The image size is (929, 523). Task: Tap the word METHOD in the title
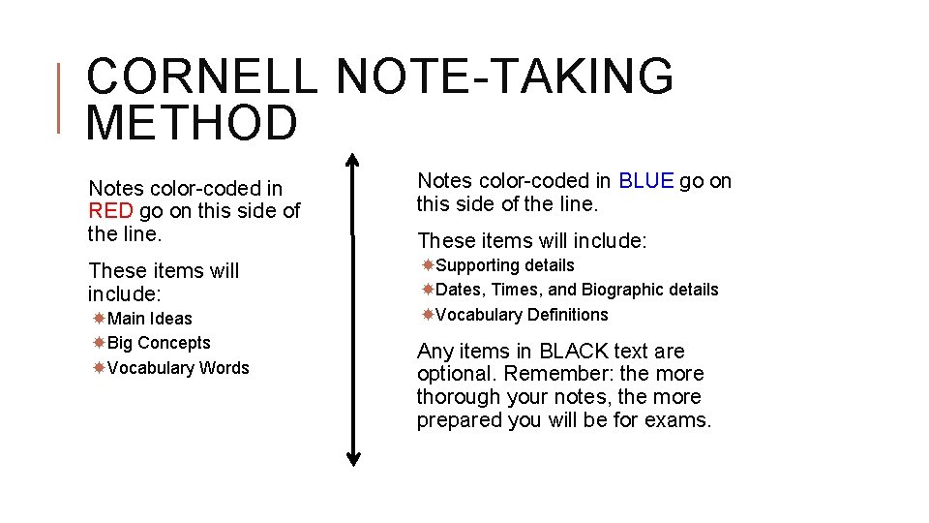pos(192,123)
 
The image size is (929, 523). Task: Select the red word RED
pos(110,211)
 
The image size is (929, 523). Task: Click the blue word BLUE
pos(645,181)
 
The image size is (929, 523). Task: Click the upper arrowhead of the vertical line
pos(353,160)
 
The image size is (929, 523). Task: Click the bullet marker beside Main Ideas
pos(99,319)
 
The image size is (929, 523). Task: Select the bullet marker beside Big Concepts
pos(99,343)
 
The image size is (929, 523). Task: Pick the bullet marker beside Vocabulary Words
pos(99,368)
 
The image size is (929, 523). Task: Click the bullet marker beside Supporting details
pos(428,265)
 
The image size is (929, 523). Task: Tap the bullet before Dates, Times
pos(428,290)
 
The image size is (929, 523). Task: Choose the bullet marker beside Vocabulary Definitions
pos(428,315)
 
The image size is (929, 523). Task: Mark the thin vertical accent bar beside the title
pos(60,97)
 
